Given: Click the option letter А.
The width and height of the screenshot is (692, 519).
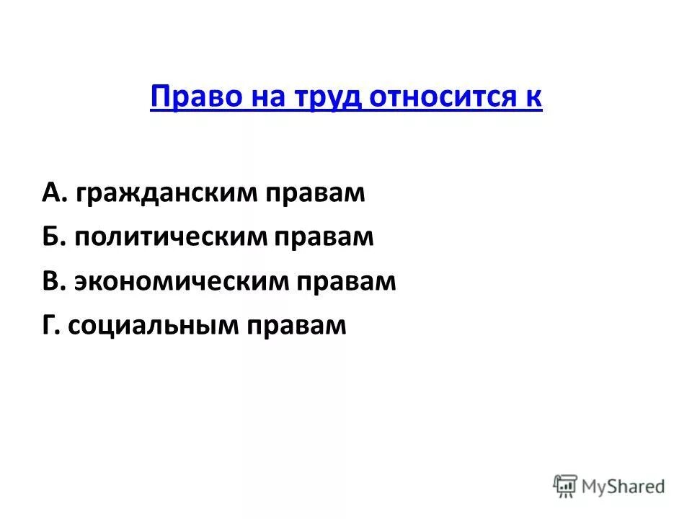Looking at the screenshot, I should point(52,194).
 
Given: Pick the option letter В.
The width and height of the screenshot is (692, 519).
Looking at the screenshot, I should point(51,282).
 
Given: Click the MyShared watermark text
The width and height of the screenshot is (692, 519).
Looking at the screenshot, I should point(624,487).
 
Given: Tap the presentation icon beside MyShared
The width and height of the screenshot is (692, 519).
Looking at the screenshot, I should point(566,486).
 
